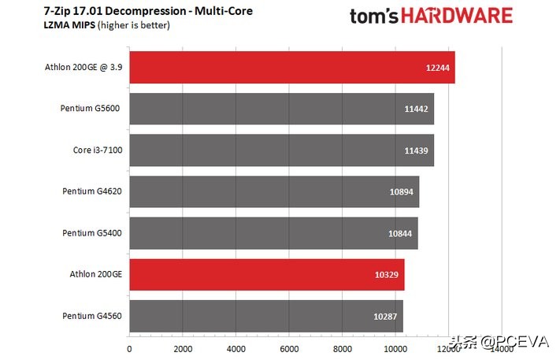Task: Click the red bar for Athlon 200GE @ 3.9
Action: pyautogui.click(x=291, y=67)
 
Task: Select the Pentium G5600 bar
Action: pyautogui.click(x=281, y=109)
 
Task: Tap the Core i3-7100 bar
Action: pyautogui.click(x=281, y=150)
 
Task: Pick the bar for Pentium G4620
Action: pyautogui.click(x=274, y=191)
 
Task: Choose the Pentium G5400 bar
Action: pyautogui.click(x=273, y=233)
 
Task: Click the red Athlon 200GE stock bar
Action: pyautogui.click(x=266, y=274)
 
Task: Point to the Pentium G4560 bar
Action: pyautogui.click(x=265, y=316)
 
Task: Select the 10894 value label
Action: pyautogui.click(x=402, y=192)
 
